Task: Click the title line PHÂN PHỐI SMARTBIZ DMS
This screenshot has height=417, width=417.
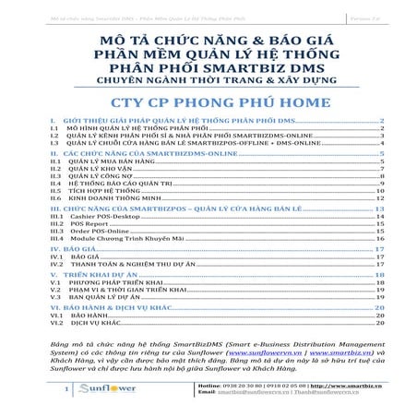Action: pos(208,67)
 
